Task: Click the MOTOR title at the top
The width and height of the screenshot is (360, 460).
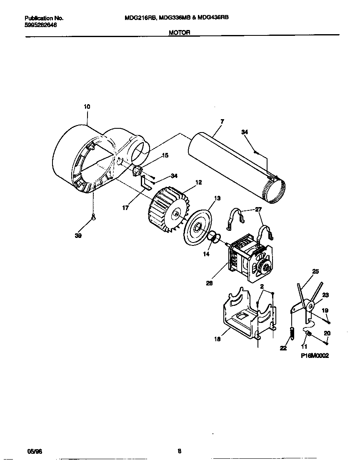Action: [x=180, y=32]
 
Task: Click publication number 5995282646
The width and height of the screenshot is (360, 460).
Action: [x=41, y=25]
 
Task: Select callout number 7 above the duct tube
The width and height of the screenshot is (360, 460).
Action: [x=222, y=121]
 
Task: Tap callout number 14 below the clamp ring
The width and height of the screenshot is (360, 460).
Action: [x=206, y=253]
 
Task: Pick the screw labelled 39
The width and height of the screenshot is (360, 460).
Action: [x=93, y=216]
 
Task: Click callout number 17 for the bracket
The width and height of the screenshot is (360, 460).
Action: [x=125, y=207]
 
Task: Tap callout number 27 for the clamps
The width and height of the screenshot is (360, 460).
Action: [x=259, y=210]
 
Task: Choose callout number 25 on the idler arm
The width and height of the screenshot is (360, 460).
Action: [x=315, y=271]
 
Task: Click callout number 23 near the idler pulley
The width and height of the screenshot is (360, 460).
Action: [x=325, y=295]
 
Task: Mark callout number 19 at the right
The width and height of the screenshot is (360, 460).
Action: [x=325, y=310]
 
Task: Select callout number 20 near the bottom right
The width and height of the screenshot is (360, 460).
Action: [x=327, y=333]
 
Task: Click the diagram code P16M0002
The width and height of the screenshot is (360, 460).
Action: [x=315, y=356]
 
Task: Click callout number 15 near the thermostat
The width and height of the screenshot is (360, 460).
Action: [x=165, y=155]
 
